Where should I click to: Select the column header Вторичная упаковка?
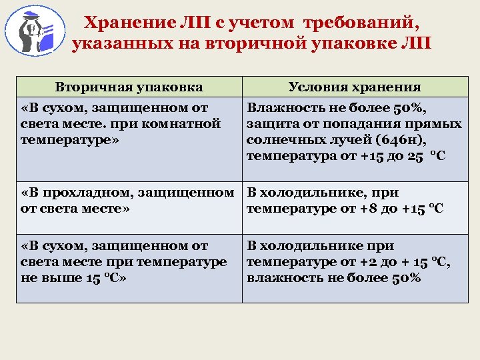(129, 87)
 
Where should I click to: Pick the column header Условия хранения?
(354, 87)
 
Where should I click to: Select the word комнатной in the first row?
(189, 123)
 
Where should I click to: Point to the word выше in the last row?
(62, 278)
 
